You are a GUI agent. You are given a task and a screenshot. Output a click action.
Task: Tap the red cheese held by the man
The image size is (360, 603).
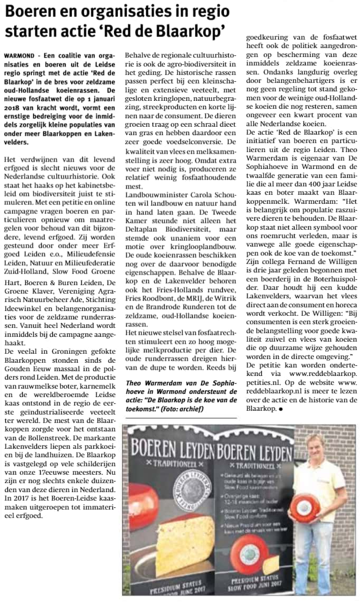[x=305, y=508]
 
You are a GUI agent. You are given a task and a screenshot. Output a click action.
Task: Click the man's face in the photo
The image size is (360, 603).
[x=316, y=447]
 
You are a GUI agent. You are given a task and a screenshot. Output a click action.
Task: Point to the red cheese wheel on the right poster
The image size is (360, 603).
[x=250, y=552]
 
